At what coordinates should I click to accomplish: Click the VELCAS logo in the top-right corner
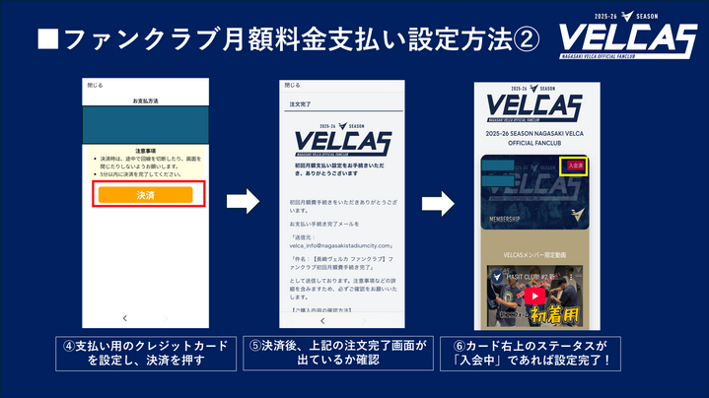coord(621,40)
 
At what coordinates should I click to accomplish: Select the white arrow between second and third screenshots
coord(439,202)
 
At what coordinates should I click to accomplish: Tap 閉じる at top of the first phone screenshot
coord(96,86)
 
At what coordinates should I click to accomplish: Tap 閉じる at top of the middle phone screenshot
coord(293,86)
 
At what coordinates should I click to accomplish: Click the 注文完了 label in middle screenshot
coord(300,102)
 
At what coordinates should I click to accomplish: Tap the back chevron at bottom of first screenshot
coord(124,319)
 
